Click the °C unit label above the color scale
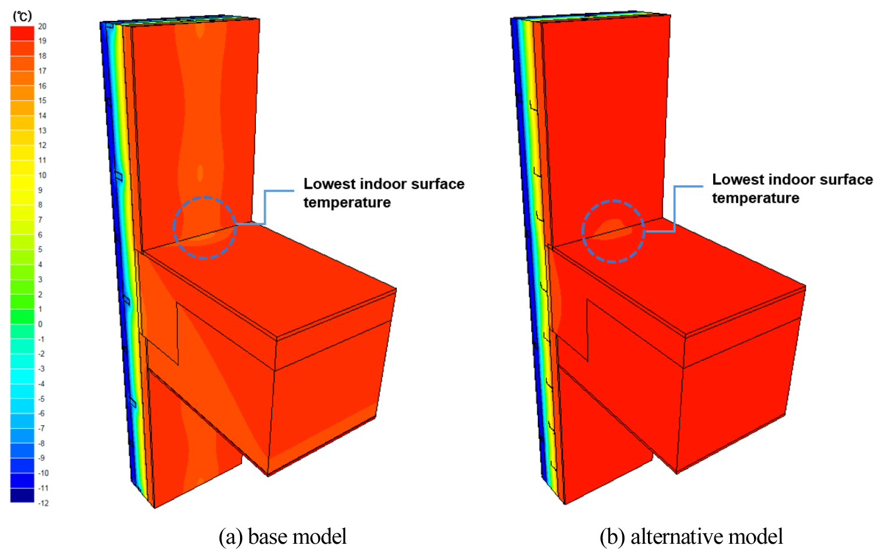pyautogui.click(x=22, y=16)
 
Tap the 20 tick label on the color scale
pyautogui.click(x=42, y=26)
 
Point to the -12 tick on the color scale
pyautogui.click(x=43, y=503)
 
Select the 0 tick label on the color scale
pyautogui.click(x=40, y=324)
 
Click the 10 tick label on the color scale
pyautogui.click(x=42, y=175)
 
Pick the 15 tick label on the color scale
pyautogui.click(x=42, y=101)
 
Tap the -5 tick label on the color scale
pyautogui.click(x=41, y=399)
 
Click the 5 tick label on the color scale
pyautogui.click(x=40, y=249)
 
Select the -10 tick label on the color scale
pyautogui.click(x=43, y=473)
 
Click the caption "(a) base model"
pyautogui.click(x=283, y=537)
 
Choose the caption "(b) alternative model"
pyautogui.click(x=691, y=537)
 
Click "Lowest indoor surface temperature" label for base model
pyautogui.click(x=384, y=193)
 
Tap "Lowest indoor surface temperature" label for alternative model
pyautogui.click(x=792, y=188)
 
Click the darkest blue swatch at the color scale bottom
pyautogui.click(x=22, y=495)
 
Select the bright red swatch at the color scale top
pyautogui.click(x=22, y=33)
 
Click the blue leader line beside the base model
pyautogui.click(x=265, y=207)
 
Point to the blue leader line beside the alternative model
pyautogui.click(x=675, y=209)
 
